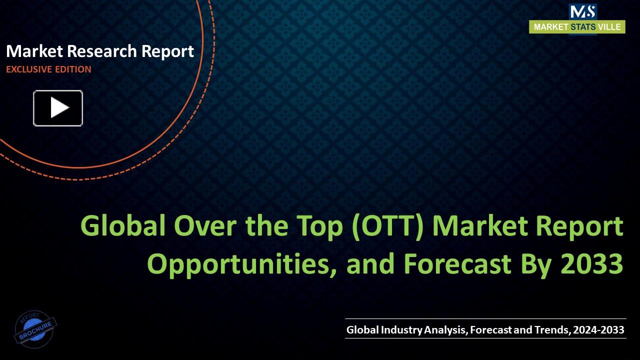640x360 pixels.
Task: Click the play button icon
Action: pyautogui.click(x=58, y=108)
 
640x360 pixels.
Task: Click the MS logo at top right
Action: pyautogui.click(x=582, y=11)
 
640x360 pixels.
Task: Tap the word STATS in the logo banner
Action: pyautogui.click(x=583, y=27)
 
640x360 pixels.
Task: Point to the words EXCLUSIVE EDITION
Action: pyautogui.click(x=48, y=69)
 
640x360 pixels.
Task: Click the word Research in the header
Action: pyautogui.click(x=102, y=51)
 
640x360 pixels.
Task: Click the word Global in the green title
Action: pyautogui.click(x=123, y=226)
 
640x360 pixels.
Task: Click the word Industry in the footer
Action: pyautogui.click(x=402, y=330)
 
